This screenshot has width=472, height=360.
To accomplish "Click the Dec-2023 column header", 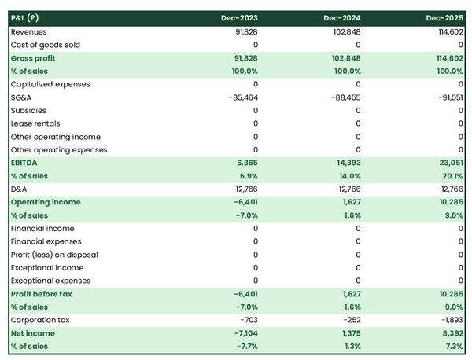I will click(x=240, y=18).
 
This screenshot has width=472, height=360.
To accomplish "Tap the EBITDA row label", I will click(x=24, y=163).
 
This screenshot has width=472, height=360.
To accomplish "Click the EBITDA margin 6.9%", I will click(x=247, y=176).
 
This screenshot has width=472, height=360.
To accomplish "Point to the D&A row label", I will click(x=20, y=189).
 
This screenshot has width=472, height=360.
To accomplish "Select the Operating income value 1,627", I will click(x=350, y=202).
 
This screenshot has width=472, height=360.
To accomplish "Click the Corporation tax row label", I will click(x=39, y=320).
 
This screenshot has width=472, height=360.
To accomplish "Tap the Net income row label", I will click(x=32, y=333).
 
